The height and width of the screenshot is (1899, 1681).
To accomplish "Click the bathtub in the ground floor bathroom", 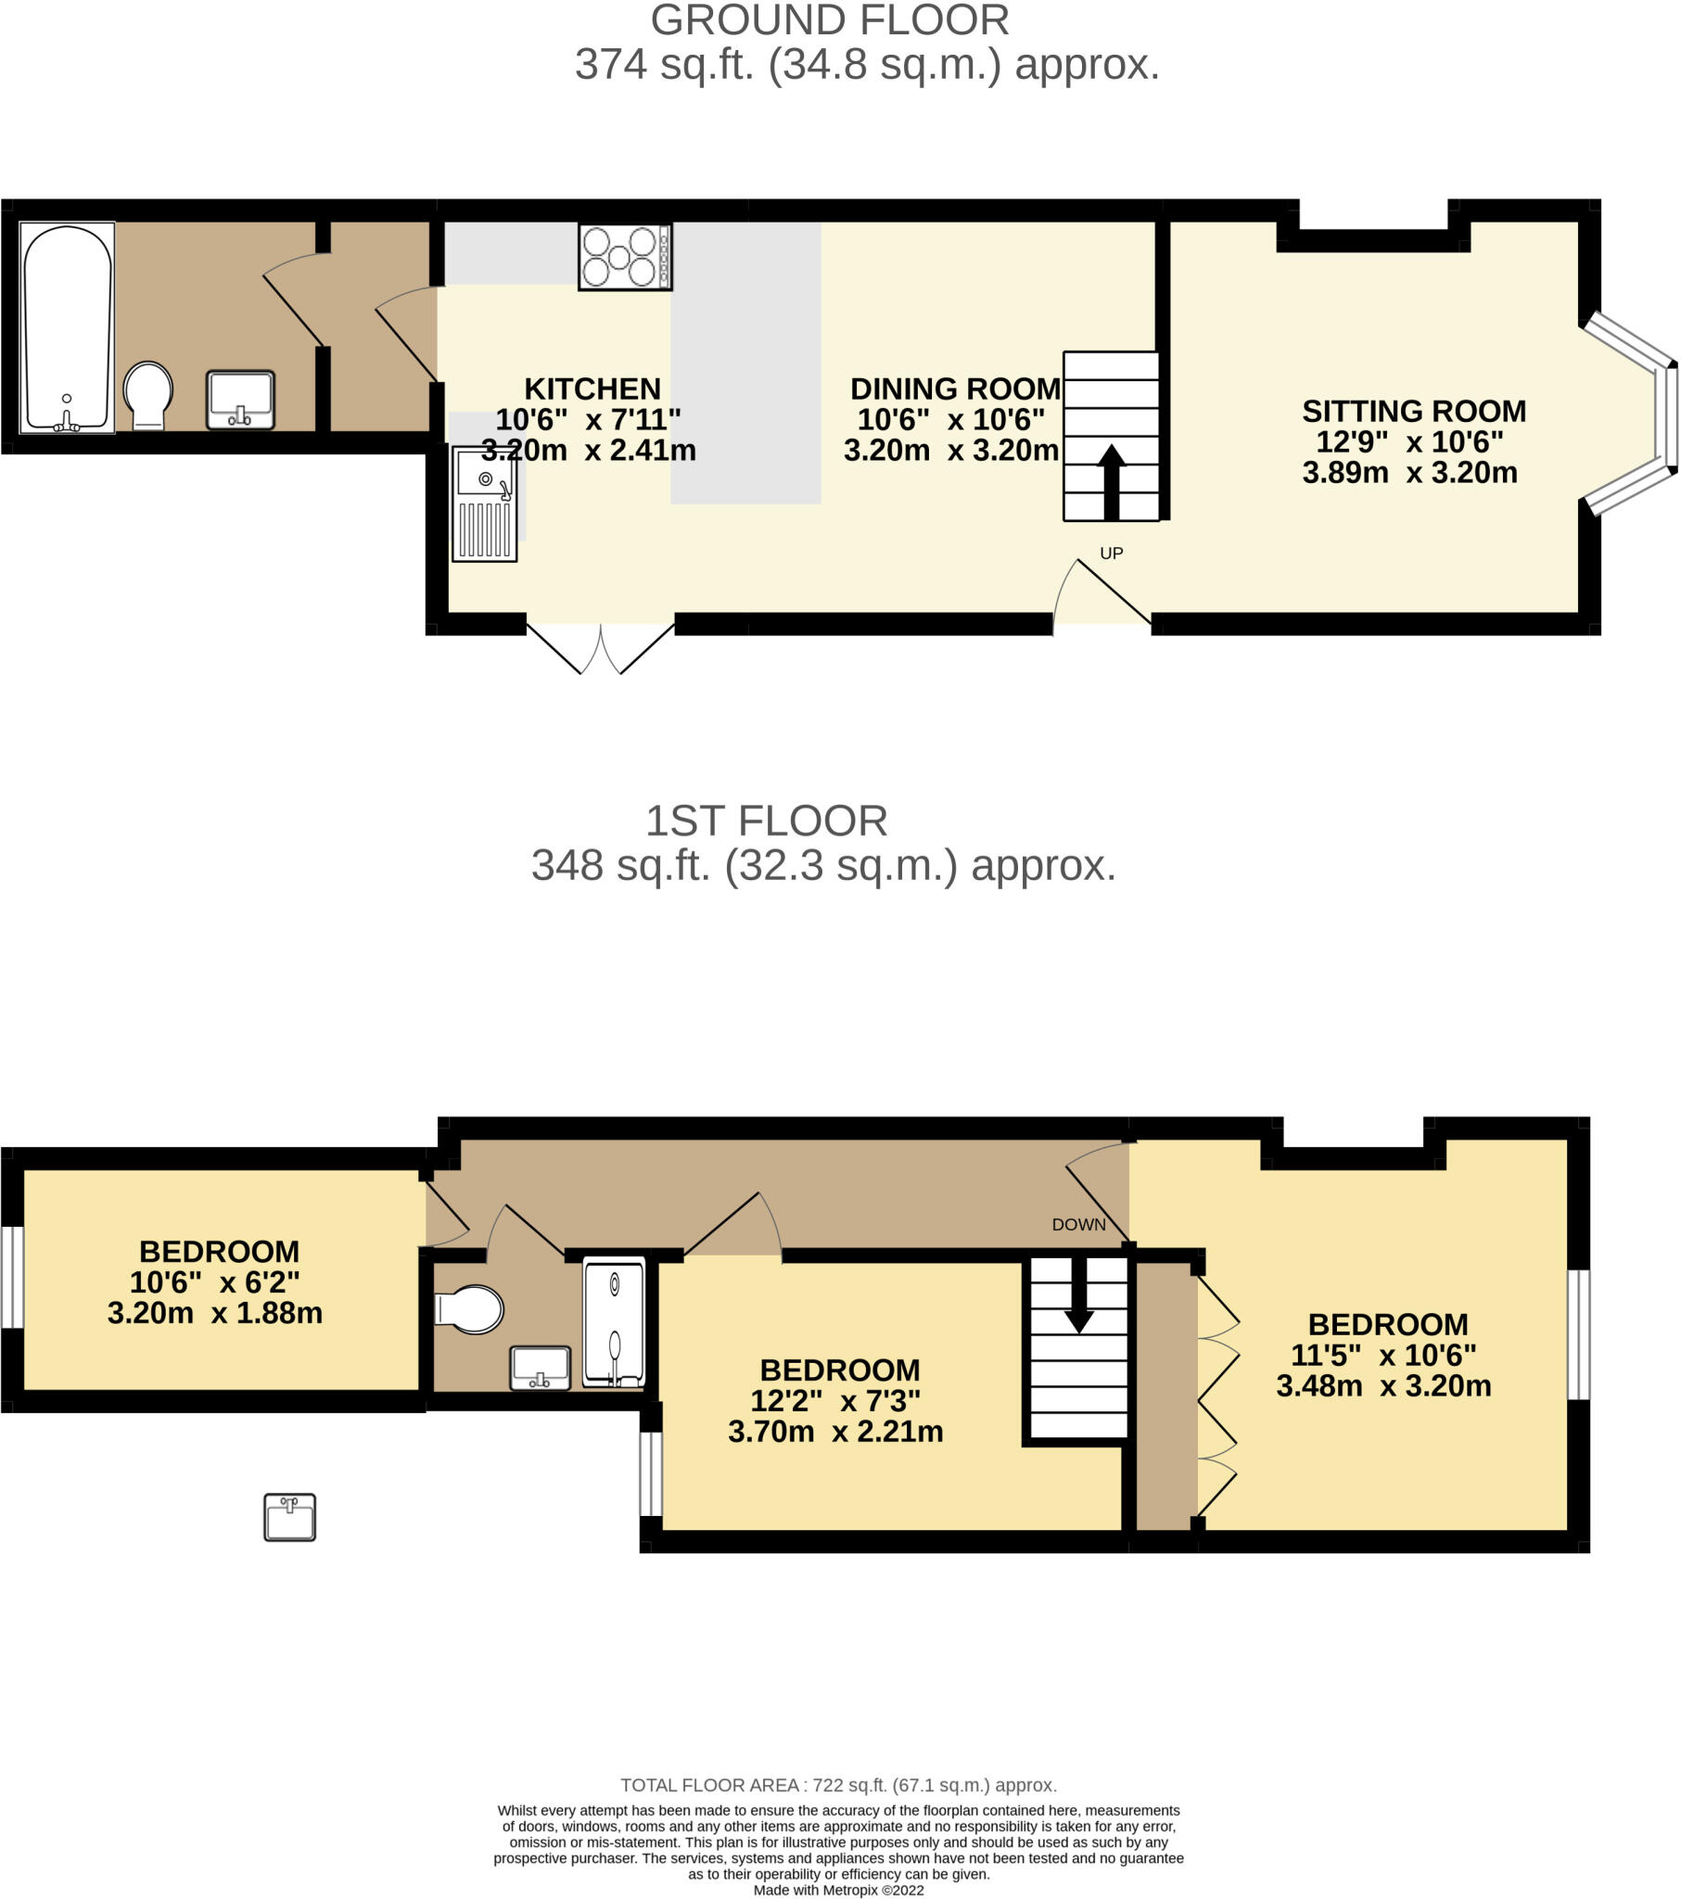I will click(67, 327).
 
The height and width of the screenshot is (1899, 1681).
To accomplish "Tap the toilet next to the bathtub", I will click(147, 394).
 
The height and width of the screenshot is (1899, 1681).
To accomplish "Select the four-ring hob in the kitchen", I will click(624, 257).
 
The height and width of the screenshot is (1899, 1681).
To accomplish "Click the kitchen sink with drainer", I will click(484, 503).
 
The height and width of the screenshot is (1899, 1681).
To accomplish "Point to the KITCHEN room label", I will click(592, 389).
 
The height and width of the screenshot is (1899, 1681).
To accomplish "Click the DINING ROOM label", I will click(954, 389).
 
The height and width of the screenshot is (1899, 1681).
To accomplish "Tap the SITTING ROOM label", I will click(1413, 411).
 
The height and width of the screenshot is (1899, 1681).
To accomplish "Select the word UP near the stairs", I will click(1112, 553).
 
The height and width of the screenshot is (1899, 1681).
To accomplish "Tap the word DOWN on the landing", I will click(1078, 1225).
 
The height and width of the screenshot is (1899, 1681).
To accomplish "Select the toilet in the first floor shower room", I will click(470, 1309).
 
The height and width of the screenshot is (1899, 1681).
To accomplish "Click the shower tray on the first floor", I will click(614, 1321).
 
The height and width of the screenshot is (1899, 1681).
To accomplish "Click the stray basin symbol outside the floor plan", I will click(289, 1517).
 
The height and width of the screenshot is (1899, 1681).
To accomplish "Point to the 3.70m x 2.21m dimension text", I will click(834, 1431).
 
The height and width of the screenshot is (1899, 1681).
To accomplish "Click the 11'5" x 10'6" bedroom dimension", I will click(1382, 1355).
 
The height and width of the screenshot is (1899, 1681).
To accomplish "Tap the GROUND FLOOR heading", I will click(829, 20).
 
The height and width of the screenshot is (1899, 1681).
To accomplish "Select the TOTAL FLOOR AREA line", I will click(838, 1785).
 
